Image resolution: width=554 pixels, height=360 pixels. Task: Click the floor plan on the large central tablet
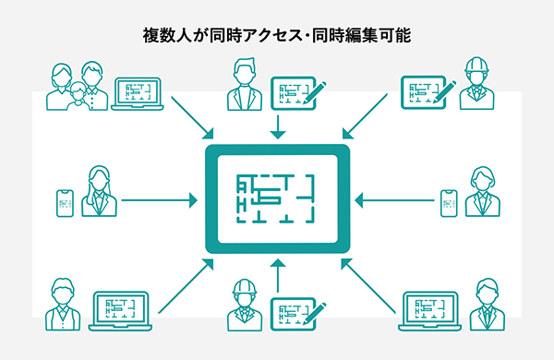pyautogui.click(x=277, y=198)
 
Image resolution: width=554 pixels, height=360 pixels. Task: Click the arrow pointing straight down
pyautogui.click(x=277, y=126)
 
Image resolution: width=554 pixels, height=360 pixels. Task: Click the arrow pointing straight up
pyautogui.click(x=277, y=273)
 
